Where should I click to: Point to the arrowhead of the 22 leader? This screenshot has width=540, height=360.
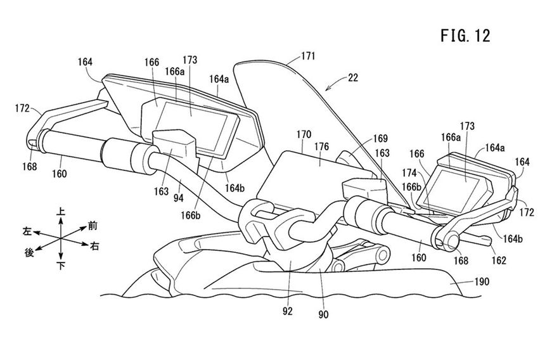326,90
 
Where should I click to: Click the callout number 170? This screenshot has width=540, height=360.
304,134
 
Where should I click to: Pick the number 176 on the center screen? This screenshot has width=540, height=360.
321,146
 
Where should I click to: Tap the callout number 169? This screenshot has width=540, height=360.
379,137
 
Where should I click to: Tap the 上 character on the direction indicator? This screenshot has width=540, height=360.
61,216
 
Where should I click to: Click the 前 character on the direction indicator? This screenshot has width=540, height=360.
93,224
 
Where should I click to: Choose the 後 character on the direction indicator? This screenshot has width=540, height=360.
29,252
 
